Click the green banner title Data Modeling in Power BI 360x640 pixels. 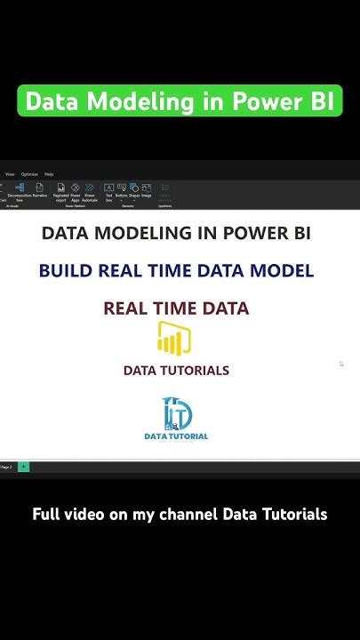tap(180, 101)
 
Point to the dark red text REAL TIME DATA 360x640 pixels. tap(176, 308)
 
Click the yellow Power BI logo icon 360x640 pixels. tap(174, 339)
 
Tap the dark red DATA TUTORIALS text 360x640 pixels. tap(176, 371)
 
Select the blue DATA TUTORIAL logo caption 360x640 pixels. tap(176, 436)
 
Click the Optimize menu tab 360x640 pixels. tap(29, 174)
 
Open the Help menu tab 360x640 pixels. tap(49, 174)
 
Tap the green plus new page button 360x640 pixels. tap(23, 467)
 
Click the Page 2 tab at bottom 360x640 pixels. tap(6, 467)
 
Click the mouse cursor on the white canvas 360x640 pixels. tap(341, 363)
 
